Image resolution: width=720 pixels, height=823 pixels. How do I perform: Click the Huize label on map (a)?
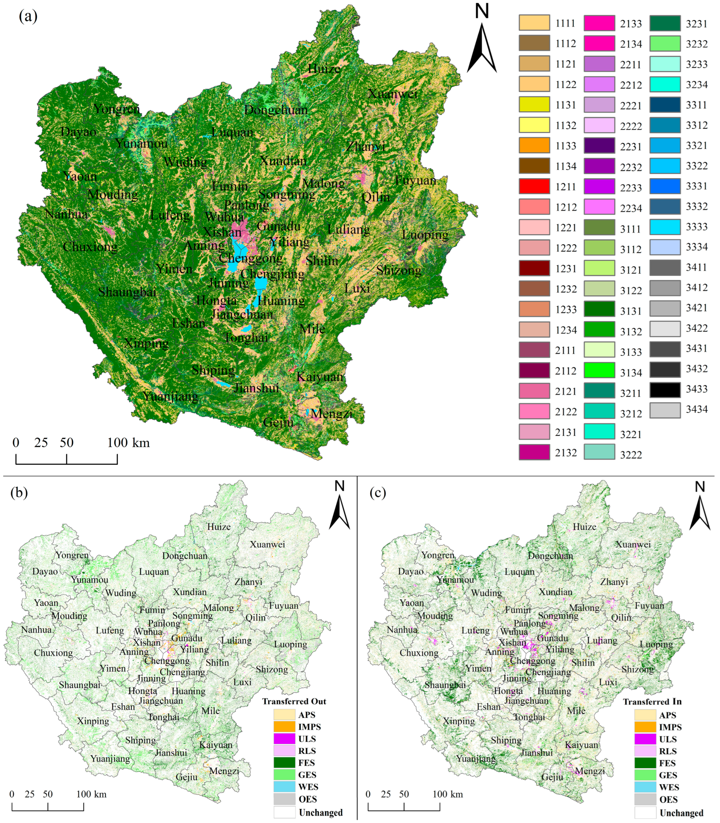(324, 69)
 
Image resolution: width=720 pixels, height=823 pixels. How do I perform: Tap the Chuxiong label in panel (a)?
(90, 247)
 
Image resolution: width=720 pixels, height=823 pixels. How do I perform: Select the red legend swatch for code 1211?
(534, 186)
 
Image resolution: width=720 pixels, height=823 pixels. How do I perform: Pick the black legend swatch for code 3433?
(665, 389)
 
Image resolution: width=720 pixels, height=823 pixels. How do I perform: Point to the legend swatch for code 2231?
(599, 146)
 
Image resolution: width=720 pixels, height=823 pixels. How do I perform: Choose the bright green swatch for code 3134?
(599, 370)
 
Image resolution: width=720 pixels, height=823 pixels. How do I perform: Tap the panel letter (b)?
(19, 493)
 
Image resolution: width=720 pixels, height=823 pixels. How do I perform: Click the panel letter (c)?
(378, 493)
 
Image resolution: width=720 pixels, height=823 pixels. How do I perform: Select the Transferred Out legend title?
(294, 701)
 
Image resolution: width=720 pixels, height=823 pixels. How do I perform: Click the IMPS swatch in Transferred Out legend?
(284, 727)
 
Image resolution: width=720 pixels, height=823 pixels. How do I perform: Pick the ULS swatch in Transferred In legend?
(645, 739)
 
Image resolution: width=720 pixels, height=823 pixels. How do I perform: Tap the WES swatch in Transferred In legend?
(645, 787)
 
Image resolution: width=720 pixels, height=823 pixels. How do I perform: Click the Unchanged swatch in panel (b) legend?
(284, 812)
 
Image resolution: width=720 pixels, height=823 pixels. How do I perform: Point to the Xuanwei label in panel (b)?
(267, 544)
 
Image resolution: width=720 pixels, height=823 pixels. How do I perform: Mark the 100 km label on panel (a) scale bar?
(128, 443)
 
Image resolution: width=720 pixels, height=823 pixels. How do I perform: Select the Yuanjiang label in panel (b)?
(110, 759)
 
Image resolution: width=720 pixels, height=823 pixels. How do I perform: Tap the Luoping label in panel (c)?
(656, 644)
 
